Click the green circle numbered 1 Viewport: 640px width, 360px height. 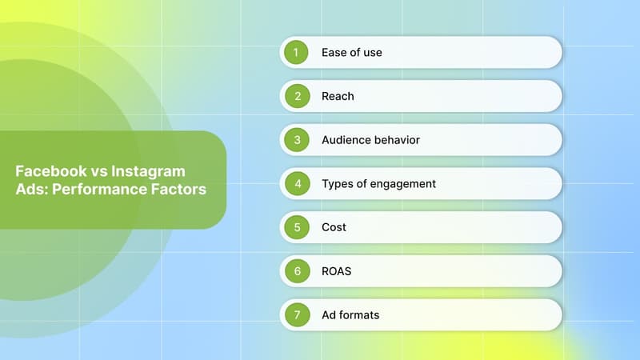(297, 53)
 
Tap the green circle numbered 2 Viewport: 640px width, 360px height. (297, 96)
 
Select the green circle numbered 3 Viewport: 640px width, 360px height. (297, 140)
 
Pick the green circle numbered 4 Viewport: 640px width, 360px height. (297, 184)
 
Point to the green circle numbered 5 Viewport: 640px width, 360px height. (297, 227)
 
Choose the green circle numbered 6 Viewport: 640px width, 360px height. (297, 271)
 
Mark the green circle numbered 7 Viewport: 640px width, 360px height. (297, 315)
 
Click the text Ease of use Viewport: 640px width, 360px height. (351, 53)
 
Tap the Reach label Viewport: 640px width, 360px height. (338, 96)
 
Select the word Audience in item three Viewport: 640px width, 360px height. (346, 140)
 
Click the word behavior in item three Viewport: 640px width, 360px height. (397, 140)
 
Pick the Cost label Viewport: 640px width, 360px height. (334, 227)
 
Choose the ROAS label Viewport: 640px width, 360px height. (336, 271)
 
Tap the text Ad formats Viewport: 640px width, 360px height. (350, 315)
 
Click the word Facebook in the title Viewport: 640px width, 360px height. (50, 172)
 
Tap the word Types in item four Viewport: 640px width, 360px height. (338, 184)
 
